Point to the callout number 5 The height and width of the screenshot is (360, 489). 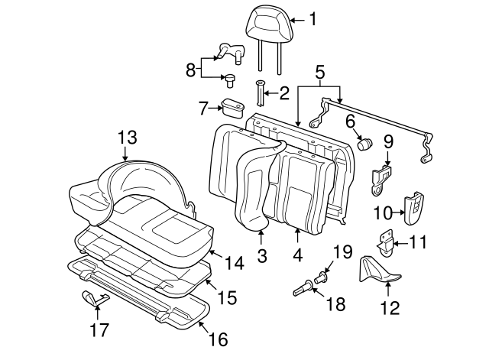tap(319, 73)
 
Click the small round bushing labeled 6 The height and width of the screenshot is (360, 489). tap(364, 142)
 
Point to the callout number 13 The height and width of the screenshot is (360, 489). tap(128, 138)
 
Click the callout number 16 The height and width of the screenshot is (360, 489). tap(218, 337)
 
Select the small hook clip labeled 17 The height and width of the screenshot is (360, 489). tap(93, 298)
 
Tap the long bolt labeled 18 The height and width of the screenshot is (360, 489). tap(303, 289)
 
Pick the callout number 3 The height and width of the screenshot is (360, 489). tap(262, 255)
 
